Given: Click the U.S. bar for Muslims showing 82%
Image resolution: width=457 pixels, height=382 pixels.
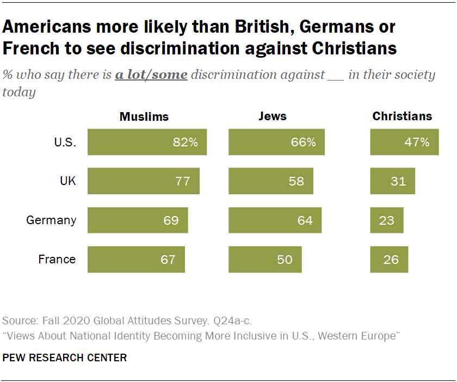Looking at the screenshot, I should point(147,143).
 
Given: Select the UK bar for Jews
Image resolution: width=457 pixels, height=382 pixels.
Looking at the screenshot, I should point(271,181).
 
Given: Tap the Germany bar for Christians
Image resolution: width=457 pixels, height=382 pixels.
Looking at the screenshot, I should point(387,220).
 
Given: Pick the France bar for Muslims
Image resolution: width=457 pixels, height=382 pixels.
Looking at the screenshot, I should point(136,260).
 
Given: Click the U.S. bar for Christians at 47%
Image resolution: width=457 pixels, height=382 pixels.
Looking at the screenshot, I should point(404,143).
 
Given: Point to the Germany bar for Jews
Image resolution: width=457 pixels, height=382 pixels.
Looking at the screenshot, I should point(275,220).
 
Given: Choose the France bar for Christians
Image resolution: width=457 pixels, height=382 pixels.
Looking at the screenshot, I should point(389,260).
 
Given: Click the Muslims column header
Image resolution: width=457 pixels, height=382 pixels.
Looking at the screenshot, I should point(144,116).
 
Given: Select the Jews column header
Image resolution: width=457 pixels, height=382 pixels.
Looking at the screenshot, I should point(273,116).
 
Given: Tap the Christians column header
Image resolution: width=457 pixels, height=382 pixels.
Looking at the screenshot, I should point(402,116).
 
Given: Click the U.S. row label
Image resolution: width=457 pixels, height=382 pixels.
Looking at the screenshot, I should point(65,143).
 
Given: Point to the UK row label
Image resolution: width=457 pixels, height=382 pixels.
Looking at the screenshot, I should point(67,181).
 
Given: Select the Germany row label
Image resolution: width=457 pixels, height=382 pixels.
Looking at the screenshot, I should point(52,220).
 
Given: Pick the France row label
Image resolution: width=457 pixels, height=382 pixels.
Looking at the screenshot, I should point(57,260).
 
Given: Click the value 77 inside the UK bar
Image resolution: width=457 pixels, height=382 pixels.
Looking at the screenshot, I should point(183,181).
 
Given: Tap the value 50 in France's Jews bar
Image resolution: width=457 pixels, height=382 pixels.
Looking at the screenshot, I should point(285,260).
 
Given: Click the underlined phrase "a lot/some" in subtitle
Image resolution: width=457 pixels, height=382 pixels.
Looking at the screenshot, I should point(151,75).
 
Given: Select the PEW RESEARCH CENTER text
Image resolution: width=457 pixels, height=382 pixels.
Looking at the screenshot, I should point(65,358).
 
